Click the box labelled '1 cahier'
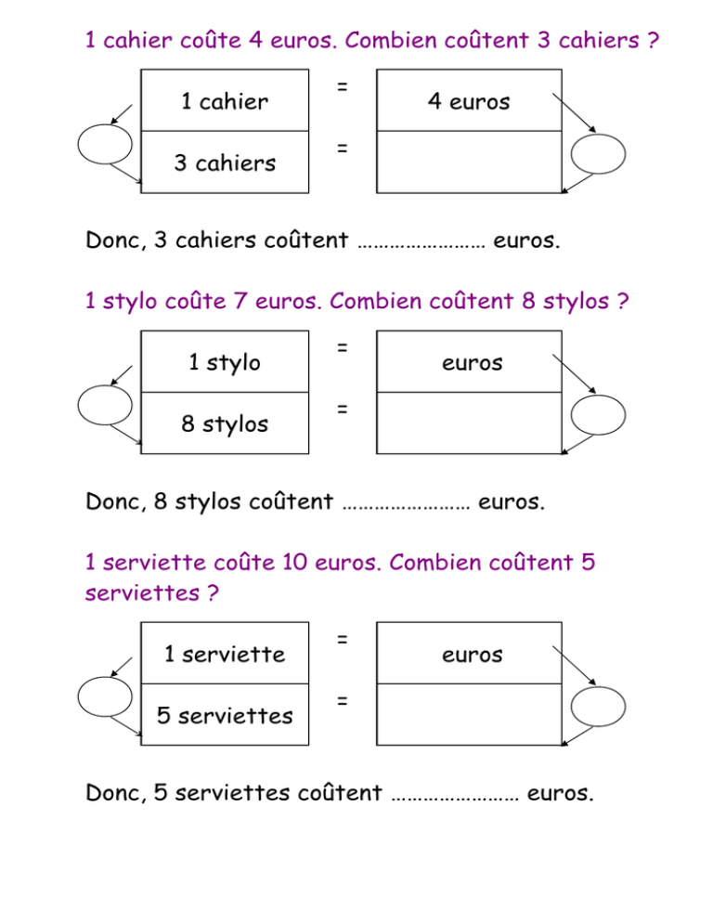pos(225,100)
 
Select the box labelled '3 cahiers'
pos(225,162)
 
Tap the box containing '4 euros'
pos(469,100)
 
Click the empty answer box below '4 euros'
pos(469,162)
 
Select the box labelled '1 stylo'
pos(225,361)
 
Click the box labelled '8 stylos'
pos(225,423)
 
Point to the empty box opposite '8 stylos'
pos(469,423)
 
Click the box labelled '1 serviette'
pos(225,653)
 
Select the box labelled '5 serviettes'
pos(225,715)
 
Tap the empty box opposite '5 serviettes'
pos(469,715)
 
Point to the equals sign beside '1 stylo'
pos(342,348)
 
